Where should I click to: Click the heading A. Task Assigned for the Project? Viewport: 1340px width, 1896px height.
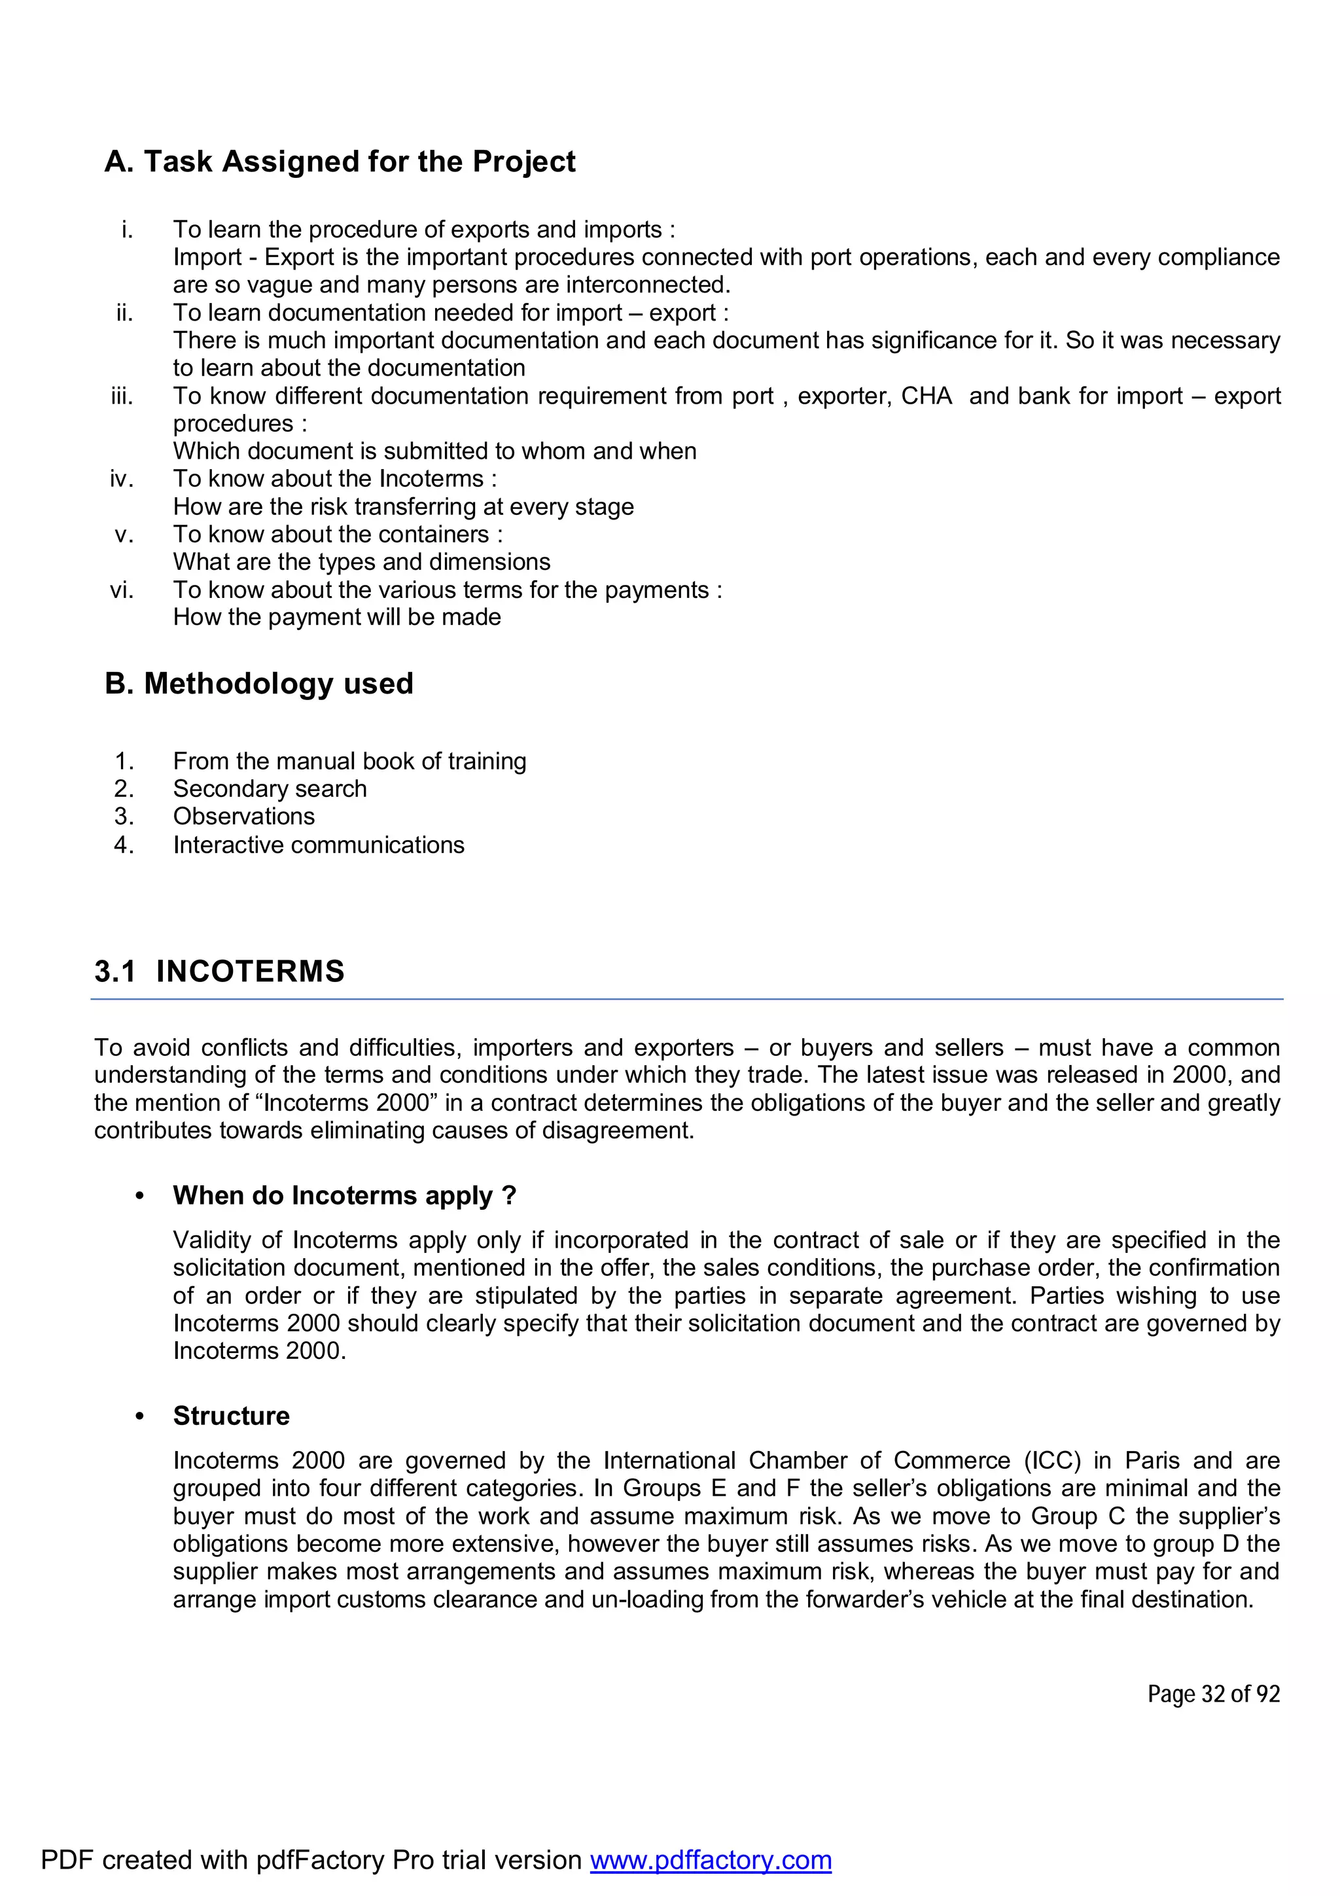coord(340,162)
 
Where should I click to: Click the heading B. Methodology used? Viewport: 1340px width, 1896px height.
coord(258,684)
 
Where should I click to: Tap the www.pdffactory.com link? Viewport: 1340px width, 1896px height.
coord(710,1859)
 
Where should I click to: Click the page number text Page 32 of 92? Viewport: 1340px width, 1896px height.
coord(1213,1694)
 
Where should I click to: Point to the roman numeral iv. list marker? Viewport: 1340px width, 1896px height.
coord(121,479)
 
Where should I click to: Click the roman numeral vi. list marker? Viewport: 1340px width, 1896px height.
coord(121,589)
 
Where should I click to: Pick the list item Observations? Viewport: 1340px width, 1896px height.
coord(243,816)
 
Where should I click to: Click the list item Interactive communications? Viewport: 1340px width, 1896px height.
coord(318,845)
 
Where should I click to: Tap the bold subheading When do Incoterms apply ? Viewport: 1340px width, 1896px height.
coord(344,1196)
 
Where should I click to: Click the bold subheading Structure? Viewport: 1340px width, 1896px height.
coord(231,1416)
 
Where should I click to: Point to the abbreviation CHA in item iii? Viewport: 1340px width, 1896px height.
coord(926,396)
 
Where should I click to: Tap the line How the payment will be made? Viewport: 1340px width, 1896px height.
coord(337,618)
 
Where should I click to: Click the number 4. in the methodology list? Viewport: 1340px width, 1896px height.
coord(124,845)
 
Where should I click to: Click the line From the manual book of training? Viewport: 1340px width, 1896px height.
coord(349,762)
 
